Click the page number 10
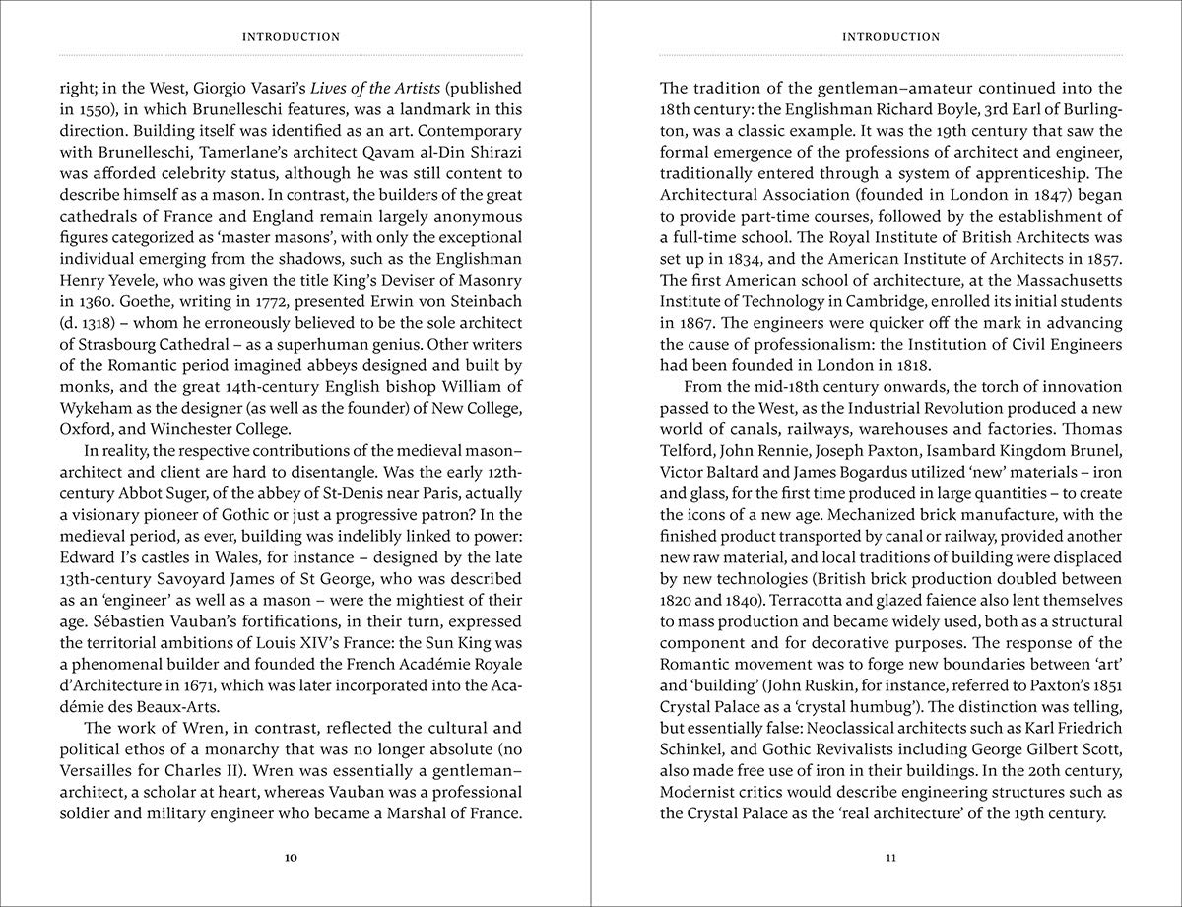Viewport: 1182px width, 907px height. pos(291,858)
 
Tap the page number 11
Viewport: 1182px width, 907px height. pos(890,858)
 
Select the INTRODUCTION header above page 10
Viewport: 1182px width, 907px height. pos(291,37)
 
